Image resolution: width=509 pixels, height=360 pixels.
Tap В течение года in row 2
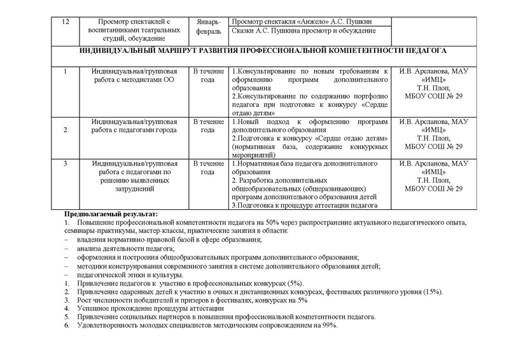click(208, 125)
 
